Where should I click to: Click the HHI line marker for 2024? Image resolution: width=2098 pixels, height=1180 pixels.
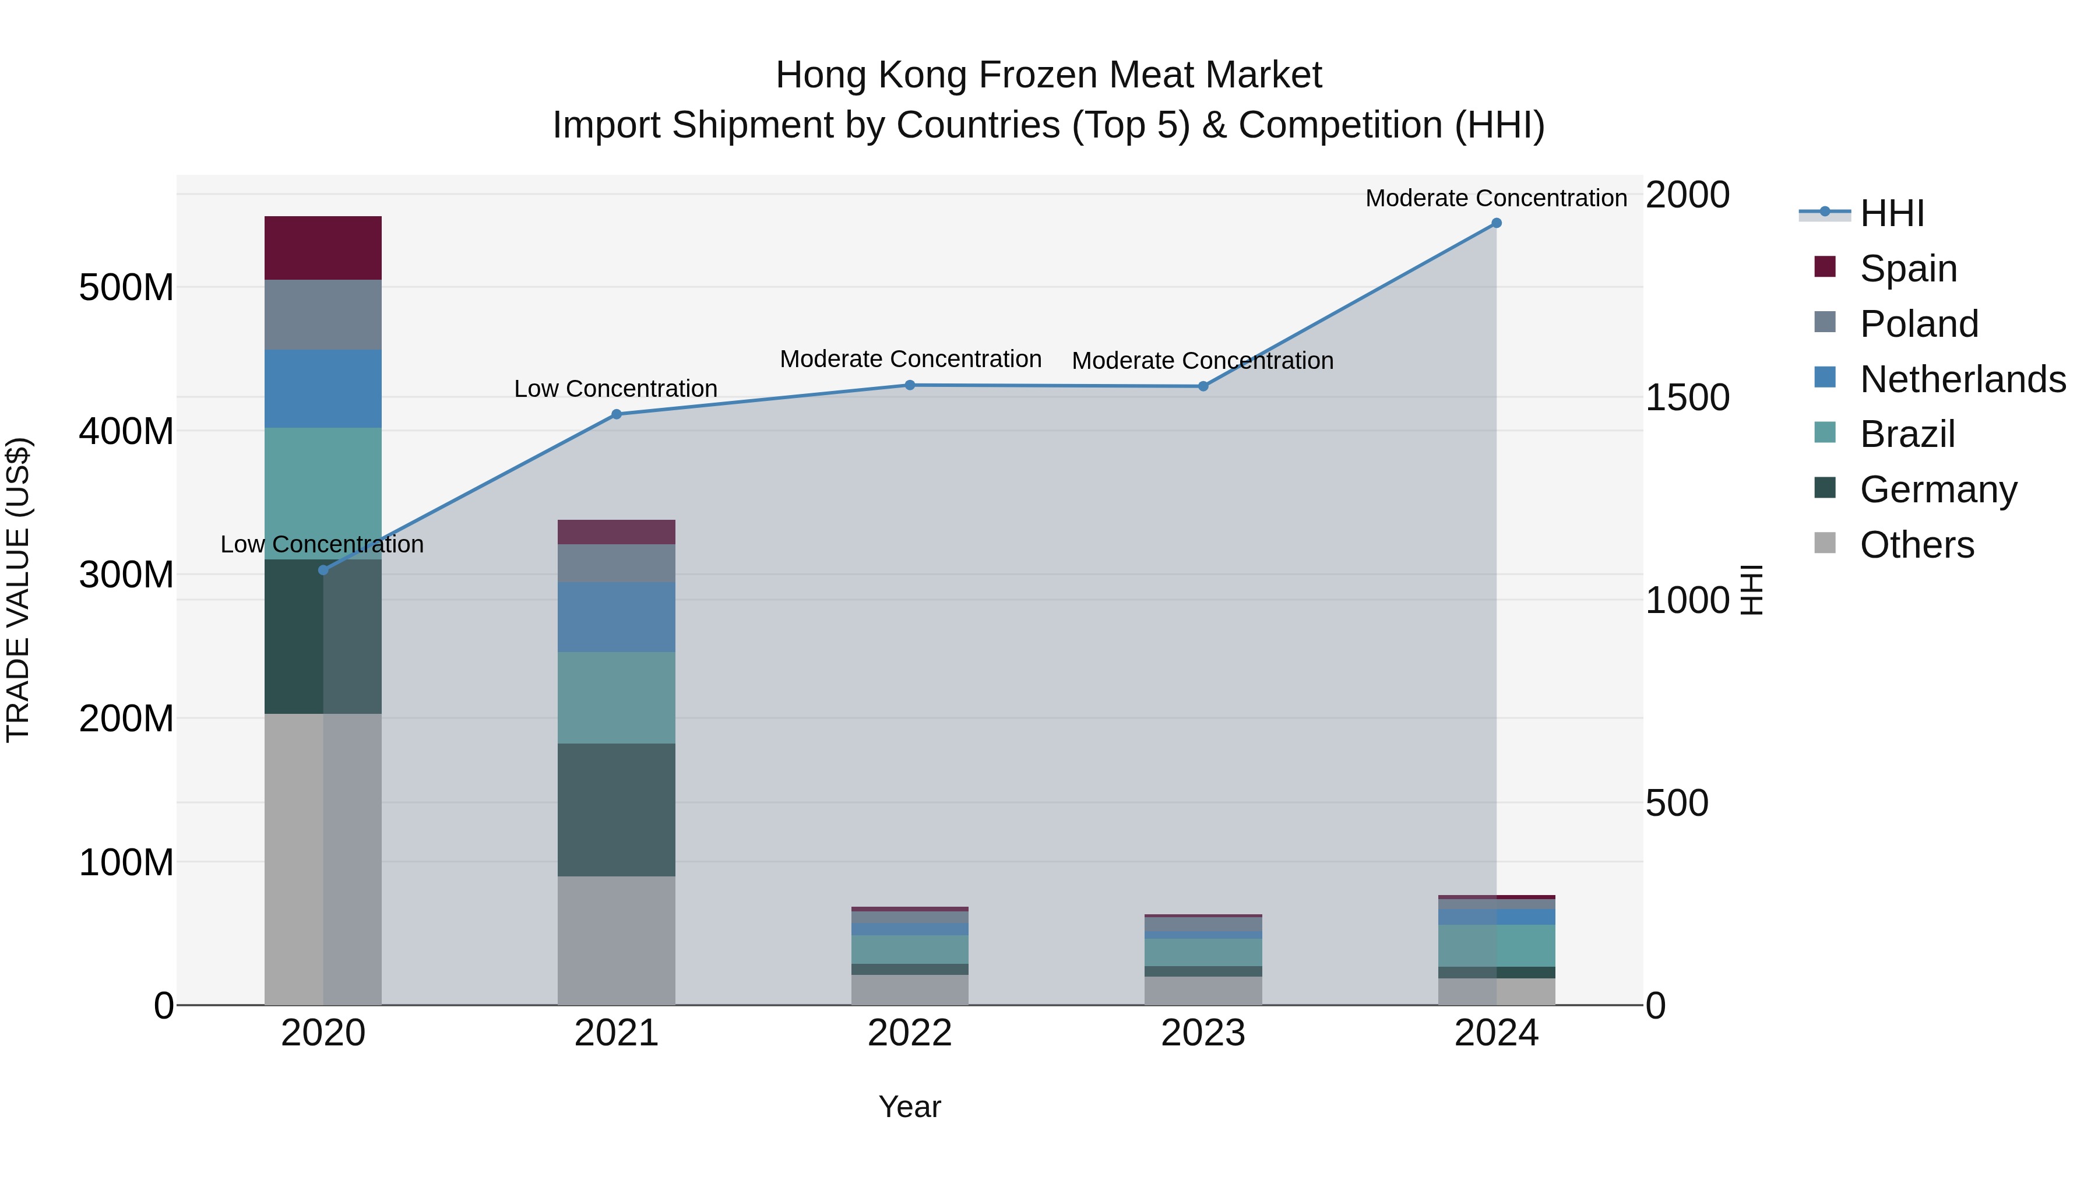(1496, 223)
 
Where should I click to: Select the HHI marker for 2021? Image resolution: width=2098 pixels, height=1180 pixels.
(617, 414)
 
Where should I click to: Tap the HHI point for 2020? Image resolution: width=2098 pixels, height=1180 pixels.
(323, 570)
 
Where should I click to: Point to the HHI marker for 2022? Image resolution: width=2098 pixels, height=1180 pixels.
(910, 385)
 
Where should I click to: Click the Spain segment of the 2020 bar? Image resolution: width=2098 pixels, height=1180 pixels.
(323, 248)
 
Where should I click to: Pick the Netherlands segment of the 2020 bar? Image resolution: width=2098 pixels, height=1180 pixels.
(323, 389)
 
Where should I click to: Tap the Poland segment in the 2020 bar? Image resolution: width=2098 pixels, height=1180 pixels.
(323, 315)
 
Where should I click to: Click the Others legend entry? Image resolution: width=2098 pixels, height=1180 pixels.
(1916, 544)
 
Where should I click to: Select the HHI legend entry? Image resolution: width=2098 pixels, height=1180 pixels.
(1892, 213)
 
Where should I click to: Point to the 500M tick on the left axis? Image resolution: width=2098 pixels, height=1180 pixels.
(126, 287)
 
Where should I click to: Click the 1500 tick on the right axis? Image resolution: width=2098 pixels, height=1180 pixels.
(1687, 397)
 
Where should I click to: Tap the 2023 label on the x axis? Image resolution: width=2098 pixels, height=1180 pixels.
(1203, 1033)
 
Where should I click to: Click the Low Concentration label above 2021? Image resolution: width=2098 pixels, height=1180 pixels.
(616, 389)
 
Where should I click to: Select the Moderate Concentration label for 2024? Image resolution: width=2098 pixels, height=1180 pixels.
(1496, 198)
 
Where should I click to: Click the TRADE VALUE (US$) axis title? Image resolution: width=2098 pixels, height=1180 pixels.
(18, 590)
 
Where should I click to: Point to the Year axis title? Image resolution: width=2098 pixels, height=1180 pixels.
(910, 1107)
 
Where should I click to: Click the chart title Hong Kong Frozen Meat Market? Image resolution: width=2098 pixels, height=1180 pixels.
(1048, 75)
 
